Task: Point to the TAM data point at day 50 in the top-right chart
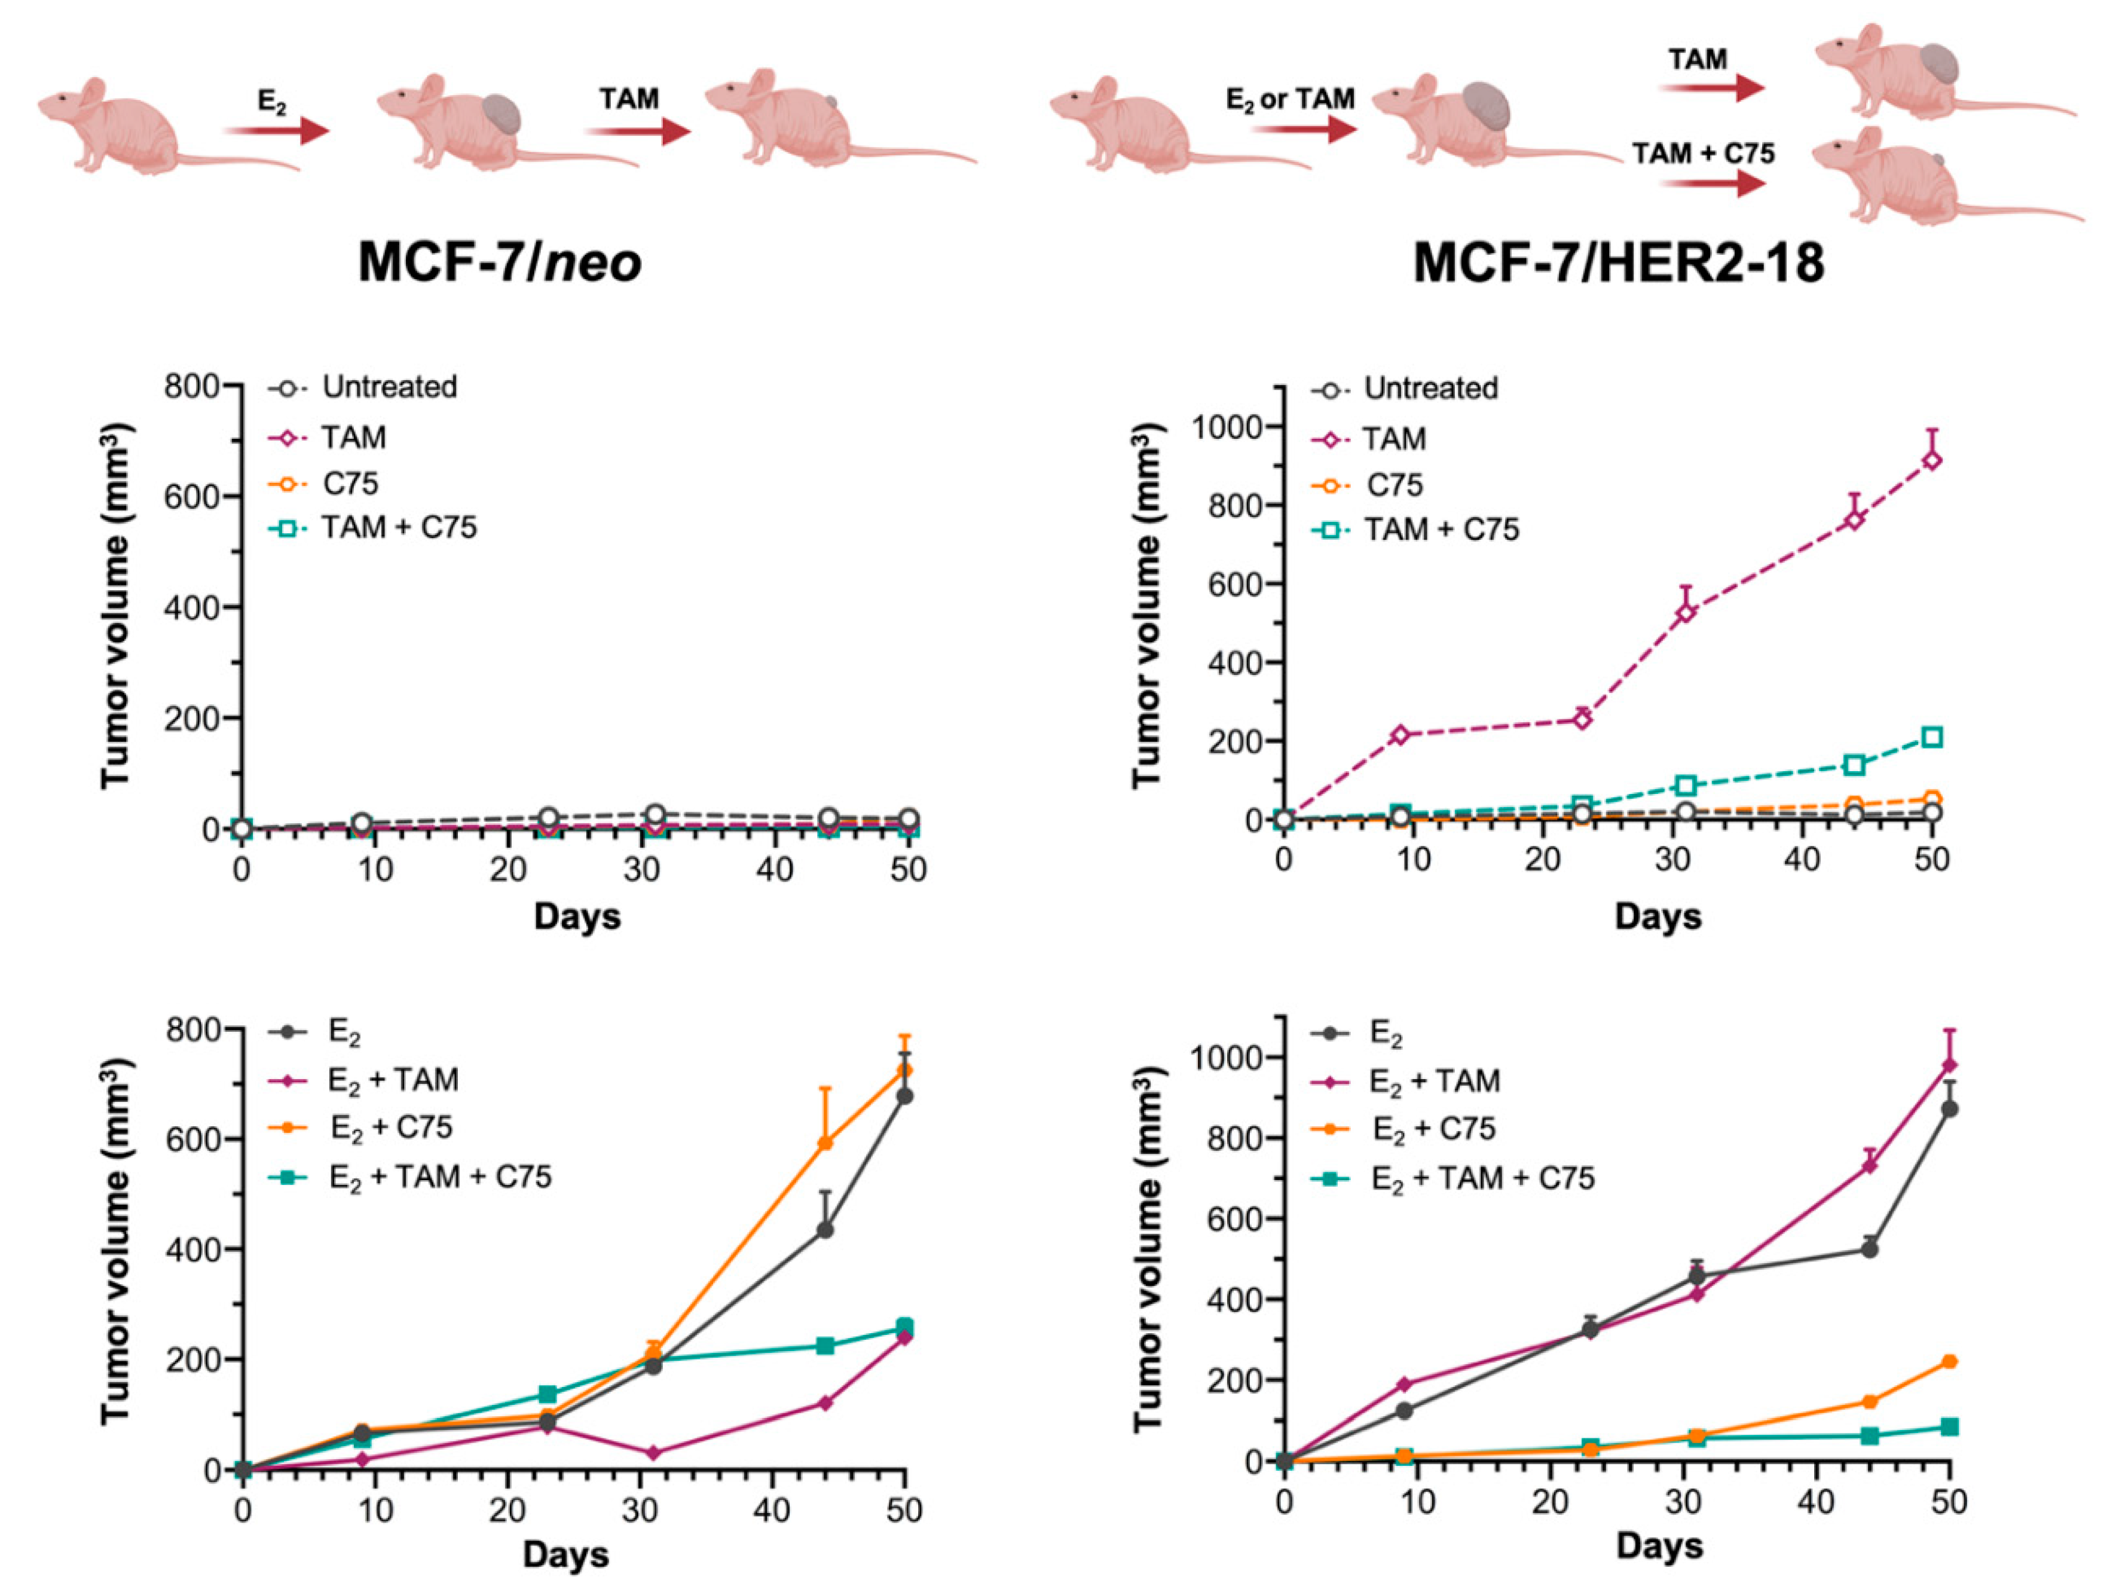[1931, 460]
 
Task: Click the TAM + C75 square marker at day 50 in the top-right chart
[1931, 737]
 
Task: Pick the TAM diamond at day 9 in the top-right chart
[1400, 734]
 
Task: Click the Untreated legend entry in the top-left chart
[363, 387]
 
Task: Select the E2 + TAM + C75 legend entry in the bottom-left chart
[411, 1177]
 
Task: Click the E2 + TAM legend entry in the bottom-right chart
[1420, 1081]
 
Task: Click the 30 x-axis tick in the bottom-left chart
[640, 1510]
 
